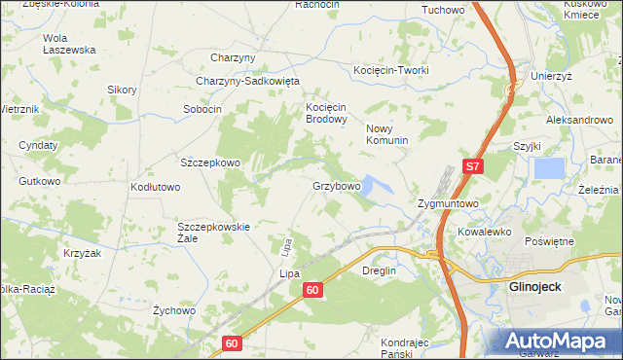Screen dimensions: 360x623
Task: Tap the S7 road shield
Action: click(x=472, y=167)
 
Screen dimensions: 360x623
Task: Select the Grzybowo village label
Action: click(x=337, y=185)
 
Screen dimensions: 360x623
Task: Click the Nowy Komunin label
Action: click(x=386, y=134)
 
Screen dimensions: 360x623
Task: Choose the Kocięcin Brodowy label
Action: click(x=327, y=113)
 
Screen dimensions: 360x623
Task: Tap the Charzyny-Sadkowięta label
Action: click(x=248, y=81)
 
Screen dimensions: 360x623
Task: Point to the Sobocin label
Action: click(x=203, y=109)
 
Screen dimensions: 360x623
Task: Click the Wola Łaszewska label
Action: click(x=68, y=44)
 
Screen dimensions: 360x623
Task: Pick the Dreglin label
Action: click(x=381, y=270)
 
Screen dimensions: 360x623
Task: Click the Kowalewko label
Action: click(x=485, y=233)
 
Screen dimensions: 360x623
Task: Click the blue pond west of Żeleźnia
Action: click(x=549, y=167)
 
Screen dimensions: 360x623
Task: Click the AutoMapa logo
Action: click(x=561, y=342)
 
